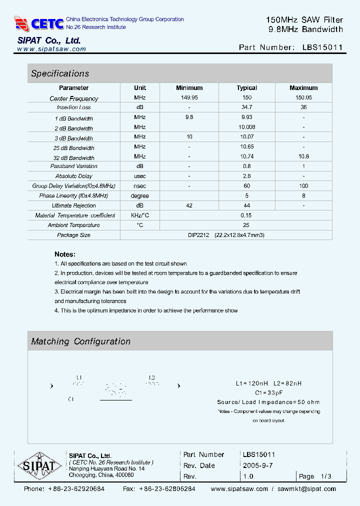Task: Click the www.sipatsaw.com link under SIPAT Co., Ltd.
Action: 51,49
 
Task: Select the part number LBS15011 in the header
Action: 322,47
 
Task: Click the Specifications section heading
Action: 60,73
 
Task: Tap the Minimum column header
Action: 189,88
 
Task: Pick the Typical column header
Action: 246,88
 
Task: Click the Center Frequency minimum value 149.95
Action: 189,97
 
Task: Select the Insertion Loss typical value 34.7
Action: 246,107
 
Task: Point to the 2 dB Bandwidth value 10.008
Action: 246,127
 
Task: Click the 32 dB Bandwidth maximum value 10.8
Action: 303,156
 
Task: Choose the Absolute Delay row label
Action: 74,176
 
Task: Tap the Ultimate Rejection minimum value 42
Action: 189,205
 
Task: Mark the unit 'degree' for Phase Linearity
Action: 140,196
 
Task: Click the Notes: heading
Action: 65,254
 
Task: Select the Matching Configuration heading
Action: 80,341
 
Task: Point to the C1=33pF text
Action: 269,392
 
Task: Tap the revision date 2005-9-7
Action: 257,465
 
